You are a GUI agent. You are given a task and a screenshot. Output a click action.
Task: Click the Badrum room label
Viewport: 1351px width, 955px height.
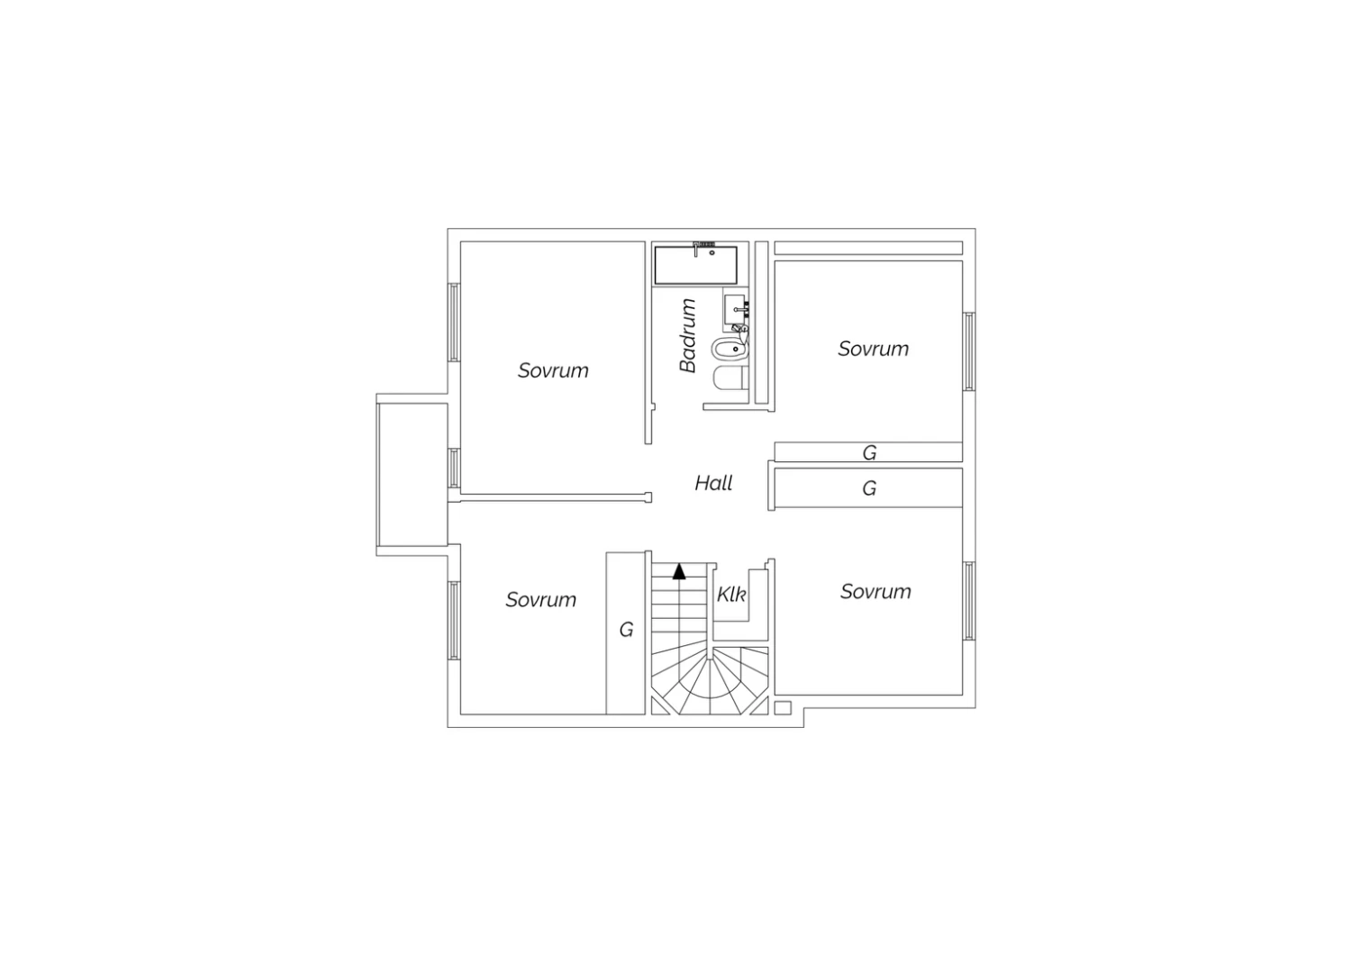coord(688,336)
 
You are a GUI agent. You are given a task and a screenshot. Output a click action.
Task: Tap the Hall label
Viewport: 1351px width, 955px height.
coord(713,483)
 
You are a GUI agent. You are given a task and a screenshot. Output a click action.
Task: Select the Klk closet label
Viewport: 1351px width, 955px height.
coord(731,595)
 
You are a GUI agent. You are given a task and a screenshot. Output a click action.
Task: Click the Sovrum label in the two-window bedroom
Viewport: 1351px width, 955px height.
coord(553,370)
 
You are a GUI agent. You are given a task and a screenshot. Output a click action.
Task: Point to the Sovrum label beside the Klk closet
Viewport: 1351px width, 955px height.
coord(875,592)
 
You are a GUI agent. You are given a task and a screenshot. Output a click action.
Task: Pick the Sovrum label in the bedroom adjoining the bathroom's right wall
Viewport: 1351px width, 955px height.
coord(874,349)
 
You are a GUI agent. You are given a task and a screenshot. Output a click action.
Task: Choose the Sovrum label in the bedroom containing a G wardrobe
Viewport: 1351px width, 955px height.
coord(541,600)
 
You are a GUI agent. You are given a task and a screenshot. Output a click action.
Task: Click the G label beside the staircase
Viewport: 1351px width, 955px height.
coord(626,630)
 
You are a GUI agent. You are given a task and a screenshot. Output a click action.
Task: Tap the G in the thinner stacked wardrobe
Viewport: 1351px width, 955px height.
coord(869,453)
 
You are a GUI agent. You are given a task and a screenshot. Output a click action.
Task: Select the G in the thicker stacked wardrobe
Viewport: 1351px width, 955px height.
coord(869,488)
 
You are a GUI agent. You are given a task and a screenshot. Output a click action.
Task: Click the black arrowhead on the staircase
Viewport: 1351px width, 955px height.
coord(679,571)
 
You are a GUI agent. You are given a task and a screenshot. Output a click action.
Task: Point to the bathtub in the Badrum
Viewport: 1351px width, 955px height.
coord(696,265)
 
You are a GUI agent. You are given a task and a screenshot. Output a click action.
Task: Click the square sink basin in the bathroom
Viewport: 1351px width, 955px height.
coord(735,309)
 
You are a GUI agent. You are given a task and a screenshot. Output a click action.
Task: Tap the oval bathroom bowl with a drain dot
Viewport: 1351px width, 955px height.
coord(730,349)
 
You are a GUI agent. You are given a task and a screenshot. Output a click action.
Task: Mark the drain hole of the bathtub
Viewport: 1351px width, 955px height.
coord(712,253)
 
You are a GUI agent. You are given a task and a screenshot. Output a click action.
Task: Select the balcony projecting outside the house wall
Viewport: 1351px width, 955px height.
coord(412,475)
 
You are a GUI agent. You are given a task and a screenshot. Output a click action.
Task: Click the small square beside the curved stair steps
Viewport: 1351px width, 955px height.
coord(783,707)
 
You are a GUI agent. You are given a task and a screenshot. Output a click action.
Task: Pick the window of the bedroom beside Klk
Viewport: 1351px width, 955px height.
coord(968,601)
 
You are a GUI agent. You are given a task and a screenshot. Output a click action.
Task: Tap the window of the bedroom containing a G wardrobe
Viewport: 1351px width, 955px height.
coord(454,621)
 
